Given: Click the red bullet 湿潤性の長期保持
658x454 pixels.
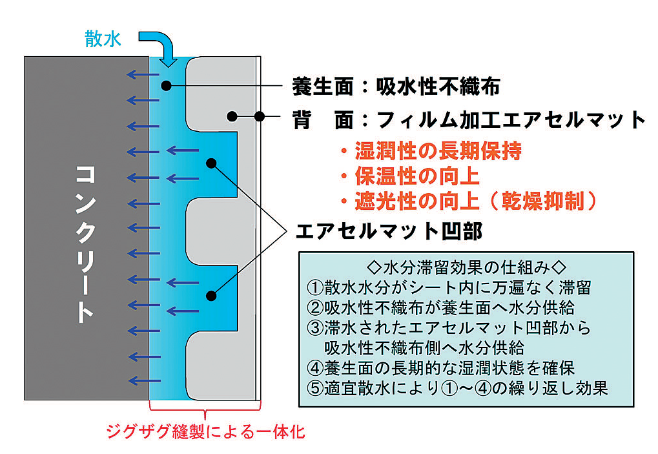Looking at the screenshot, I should click(x=431, y=152).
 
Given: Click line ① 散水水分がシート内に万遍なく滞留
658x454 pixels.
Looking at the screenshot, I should click(x=448, y=286).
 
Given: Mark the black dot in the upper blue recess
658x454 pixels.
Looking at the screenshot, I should click(x=211, y=162).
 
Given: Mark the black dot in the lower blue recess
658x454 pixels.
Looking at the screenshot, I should click(x=211, y=296).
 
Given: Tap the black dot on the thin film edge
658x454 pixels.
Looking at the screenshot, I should click(x=258, y=117).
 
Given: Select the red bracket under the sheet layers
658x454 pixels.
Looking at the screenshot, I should click(x=205, y=408).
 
